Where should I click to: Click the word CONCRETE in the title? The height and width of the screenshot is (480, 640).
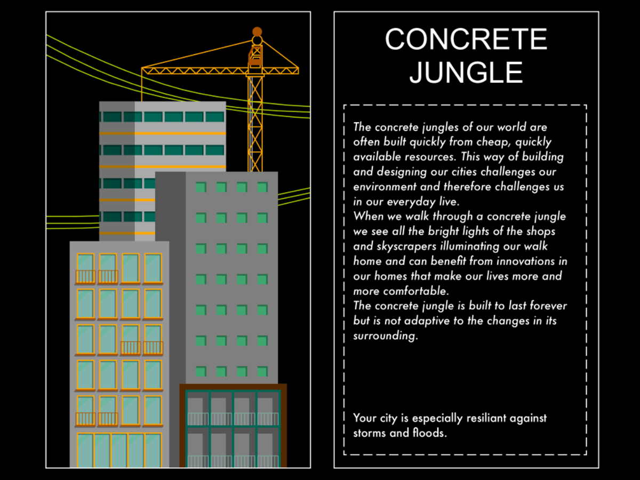pyautogui.click(x=466, y=39)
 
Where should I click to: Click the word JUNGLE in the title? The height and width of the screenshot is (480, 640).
pyautogui.click(x=466, y=73)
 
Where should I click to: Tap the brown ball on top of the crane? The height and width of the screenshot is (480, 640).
pyautogui.click(x=257, y=31)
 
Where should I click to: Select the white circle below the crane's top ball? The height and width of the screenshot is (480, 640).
pyautogui.click(x=257, y=41)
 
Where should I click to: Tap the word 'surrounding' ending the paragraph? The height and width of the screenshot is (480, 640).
pyautogui.click(x=386, y=336)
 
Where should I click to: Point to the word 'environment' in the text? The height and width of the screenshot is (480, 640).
pyautogui.click(x=385, y=187)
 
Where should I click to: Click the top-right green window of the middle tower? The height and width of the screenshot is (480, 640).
pyautogui.click(x=262, y=187)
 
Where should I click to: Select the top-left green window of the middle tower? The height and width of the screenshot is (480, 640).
pyautogui.click(x=201, y=187)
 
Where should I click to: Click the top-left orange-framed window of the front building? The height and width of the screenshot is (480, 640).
pyautogui.click(x=85, y=268)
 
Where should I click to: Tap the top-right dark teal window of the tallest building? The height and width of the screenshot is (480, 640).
pyautogui.click(x=214, y=117)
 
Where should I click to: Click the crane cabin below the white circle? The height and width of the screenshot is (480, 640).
pyautogui.click(x=255, y=56)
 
